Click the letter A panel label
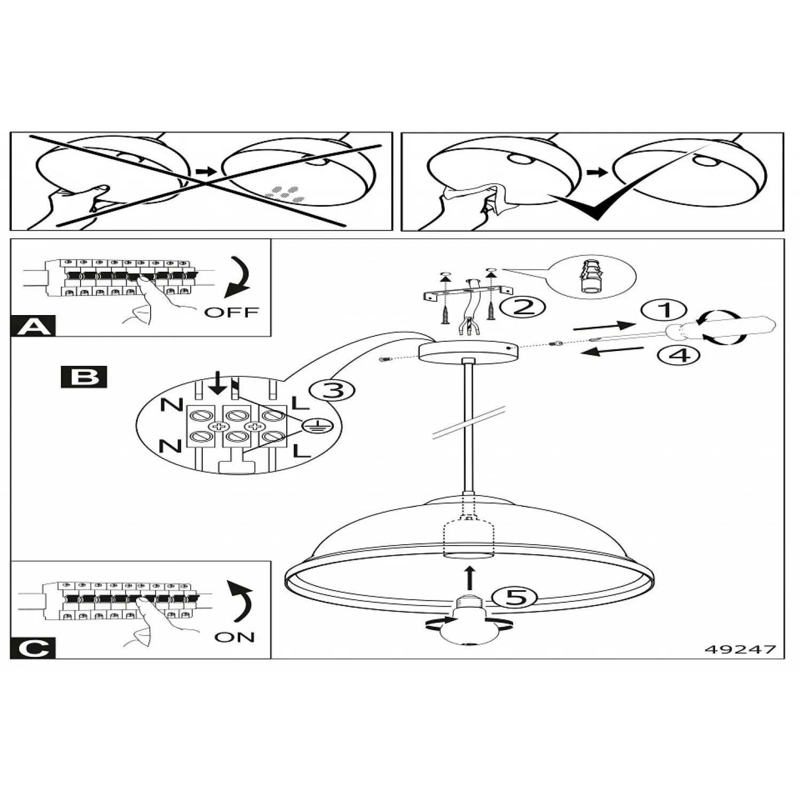tap(33, 326)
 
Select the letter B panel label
tap(84, 376)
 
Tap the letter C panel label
tap(33, 648)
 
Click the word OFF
tap(231, 312)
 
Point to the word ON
tap(234, 637)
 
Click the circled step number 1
tap(663, 310)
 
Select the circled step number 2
tap(523, 307)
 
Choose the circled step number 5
tap(515, 597)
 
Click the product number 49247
tap(740, 649)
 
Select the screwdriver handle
tap(732, 327)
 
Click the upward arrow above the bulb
tap(469, 578)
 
